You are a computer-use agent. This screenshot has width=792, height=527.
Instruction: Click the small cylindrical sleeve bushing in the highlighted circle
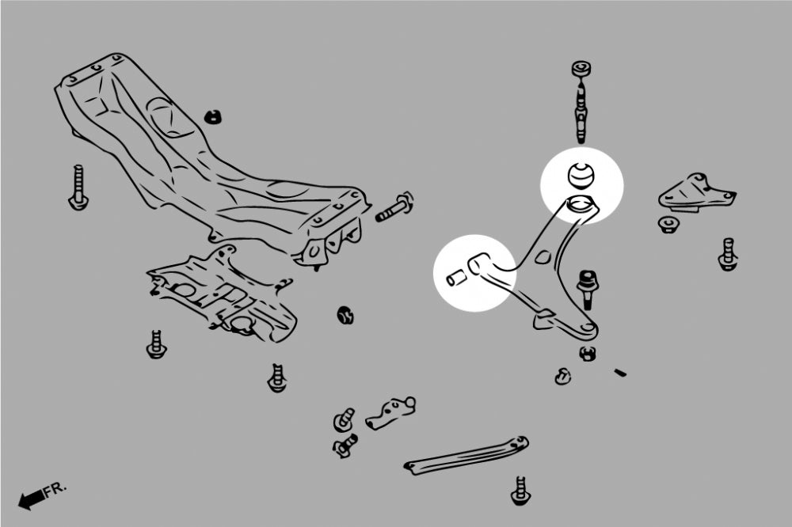pos(455,277)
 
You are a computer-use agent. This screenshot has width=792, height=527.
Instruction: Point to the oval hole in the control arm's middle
pos(542,256)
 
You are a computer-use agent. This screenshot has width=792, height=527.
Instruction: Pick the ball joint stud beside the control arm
pos(588,289)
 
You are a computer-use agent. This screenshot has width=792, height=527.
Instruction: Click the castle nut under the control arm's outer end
pos(586,353)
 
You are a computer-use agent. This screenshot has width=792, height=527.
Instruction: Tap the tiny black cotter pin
pos(620,373)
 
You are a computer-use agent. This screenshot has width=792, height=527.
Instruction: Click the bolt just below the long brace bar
pos(521,491)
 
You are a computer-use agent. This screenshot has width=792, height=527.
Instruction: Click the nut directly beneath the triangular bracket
pos(668,224)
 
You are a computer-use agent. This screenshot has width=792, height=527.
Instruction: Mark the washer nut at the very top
pos(582,68)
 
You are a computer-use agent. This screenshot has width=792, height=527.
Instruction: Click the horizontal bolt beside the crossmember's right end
pos(394,207)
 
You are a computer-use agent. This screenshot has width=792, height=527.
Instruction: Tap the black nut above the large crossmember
pos(214,117)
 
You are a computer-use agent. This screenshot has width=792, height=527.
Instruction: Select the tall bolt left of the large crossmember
pos(78,188)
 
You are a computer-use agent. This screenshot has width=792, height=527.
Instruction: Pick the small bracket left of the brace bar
pos(390,413)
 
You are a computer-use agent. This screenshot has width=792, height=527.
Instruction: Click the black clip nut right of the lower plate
pos(345,315)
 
